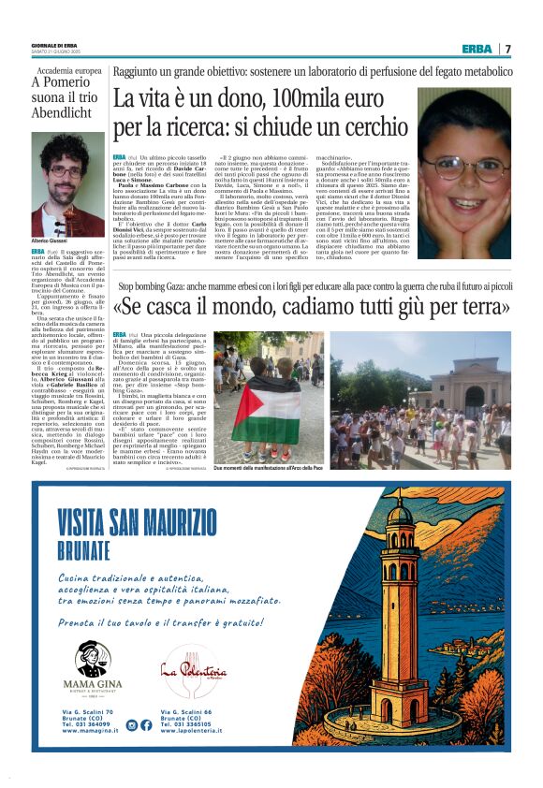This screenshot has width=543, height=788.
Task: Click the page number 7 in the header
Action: tap(507, 49)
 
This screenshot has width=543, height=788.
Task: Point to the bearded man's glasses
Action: tap(66, 171)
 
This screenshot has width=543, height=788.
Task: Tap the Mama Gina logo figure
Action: tap(93, 657)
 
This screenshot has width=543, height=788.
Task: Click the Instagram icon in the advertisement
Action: tap(130, 724)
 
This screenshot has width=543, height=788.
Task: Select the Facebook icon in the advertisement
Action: tap(145, 724)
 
